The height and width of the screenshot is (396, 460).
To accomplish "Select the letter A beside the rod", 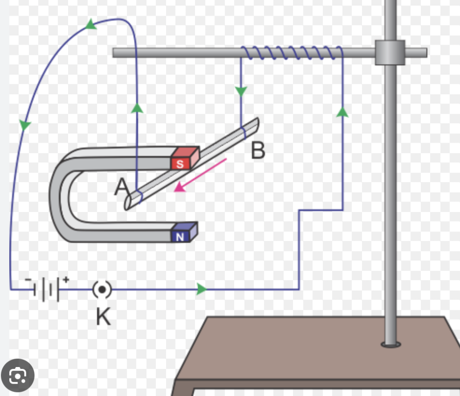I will [121, 187].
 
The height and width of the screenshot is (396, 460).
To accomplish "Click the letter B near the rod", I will [258, 150].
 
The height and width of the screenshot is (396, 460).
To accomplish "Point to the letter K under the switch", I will [103, 317].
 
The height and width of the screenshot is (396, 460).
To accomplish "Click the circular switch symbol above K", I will [102, 290].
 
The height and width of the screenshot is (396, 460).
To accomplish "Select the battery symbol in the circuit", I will [46, 290].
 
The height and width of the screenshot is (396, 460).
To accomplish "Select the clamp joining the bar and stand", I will [390, 52].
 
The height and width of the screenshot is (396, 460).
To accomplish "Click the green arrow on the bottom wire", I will [201, 290].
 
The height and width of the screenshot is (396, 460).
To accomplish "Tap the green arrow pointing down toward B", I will [241, 91].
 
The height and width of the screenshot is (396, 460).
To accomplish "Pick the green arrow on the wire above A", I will [137, 108].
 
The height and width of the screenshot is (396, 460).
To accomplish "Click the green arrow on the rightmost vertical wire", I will [342, 111].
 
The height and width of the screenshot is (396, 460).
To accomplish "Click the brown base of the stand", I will [317, 350].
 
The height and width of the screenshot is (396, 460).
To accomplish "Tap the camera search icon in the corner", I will [17, 375].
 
